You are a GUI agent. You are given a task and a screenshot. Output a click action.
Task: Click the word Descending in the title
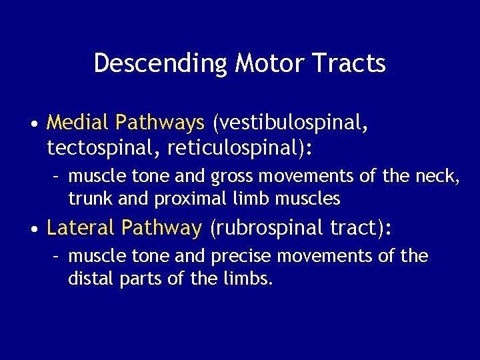(x=161, y=63)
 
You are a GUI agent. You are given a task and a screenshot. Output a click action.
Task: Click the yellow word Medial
(x=78, y=123)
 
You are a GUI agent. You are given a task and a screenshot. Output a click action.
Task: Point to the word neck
(x=437, y=177)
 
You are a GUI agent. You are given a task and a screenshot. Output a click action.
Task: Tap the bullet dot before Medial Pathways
(x=33, y=124)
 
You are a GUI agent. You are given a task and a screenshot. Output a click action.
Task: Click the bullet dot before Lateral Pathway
(x=33, y=230)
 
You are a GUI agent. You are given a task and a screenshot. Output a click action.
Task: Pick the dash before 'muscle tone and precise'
(x=57, y=257)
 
